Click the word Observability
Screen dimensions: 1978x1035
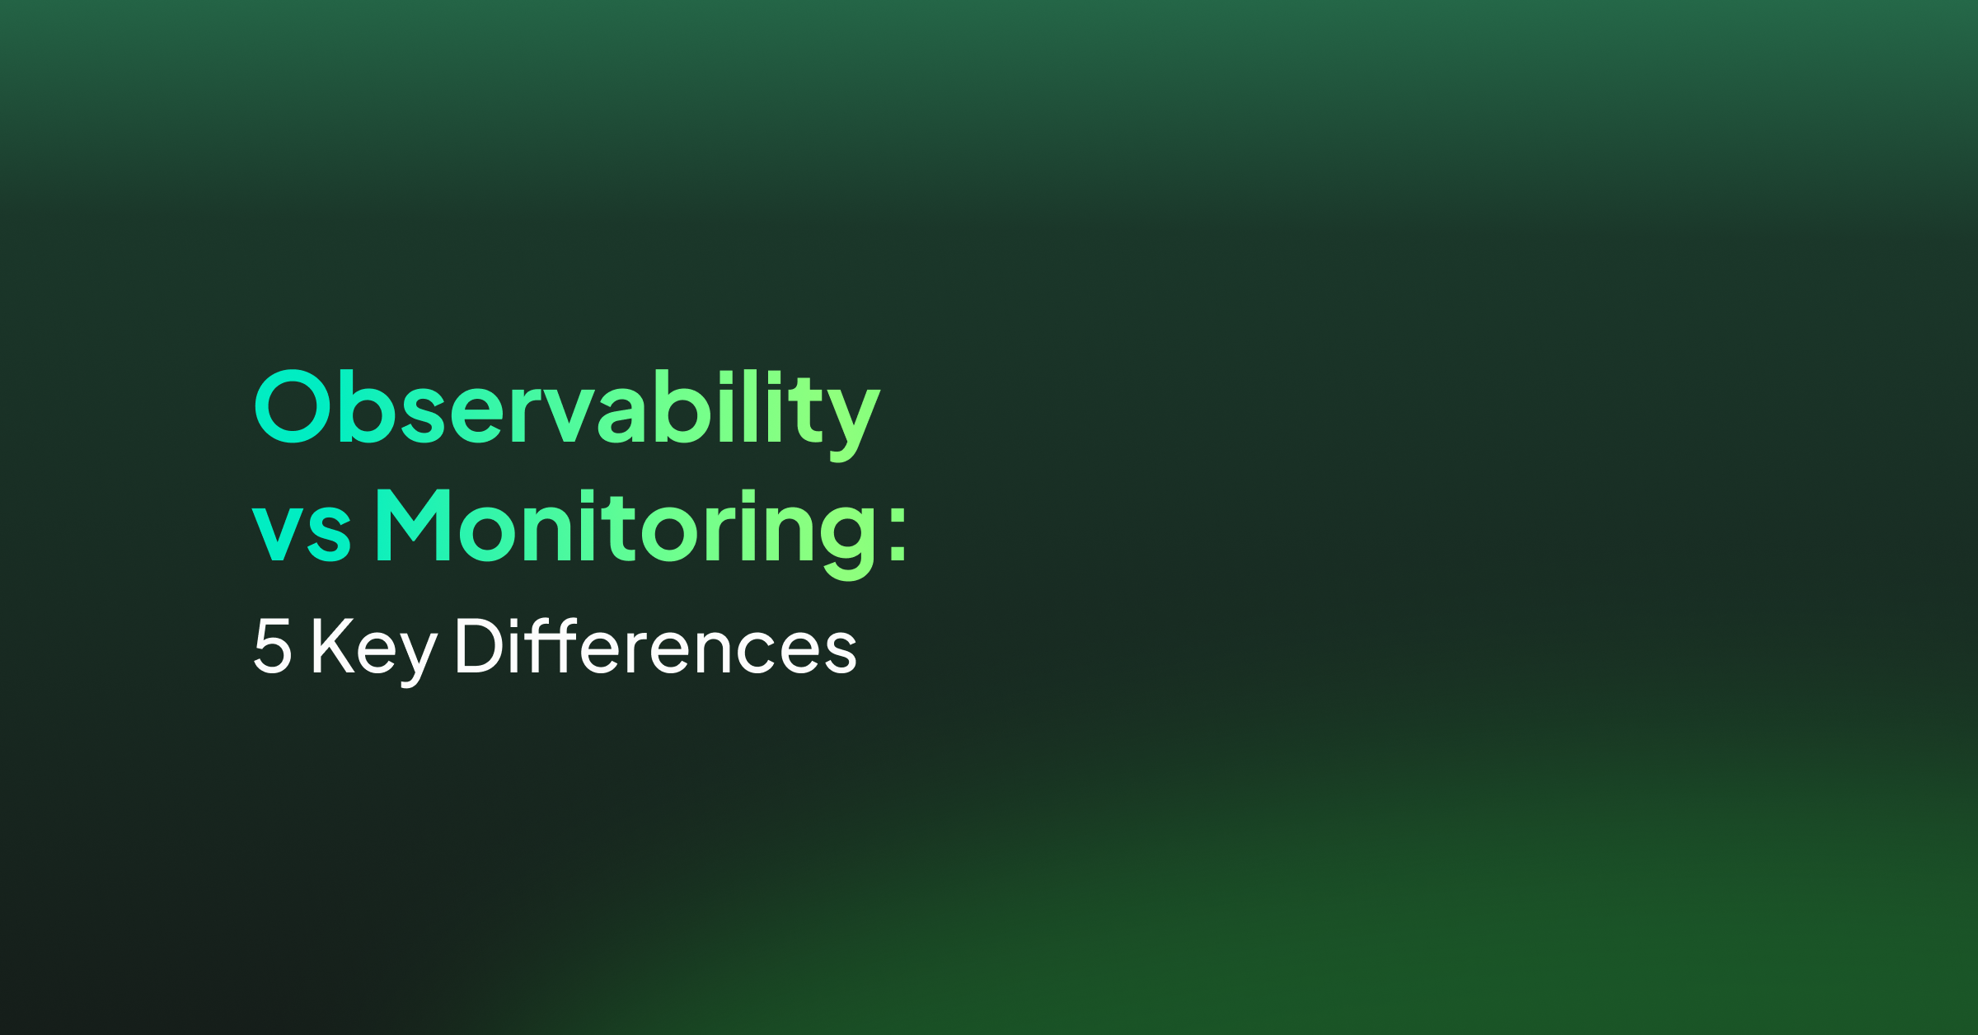tap(567, 412)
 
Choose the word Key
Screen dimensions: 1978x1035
tap(374, 651)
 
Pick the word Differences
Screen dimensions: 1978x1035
tap(656, 645)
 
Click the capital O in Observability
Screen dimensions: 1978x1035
tap(293, 406)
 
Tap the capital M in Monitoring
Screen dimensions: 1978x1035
tap(413, 524)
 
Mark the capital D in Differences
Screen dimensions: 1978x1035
tap(480, 647)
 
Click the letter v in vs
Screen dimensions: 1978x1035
tap(277, 532)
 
